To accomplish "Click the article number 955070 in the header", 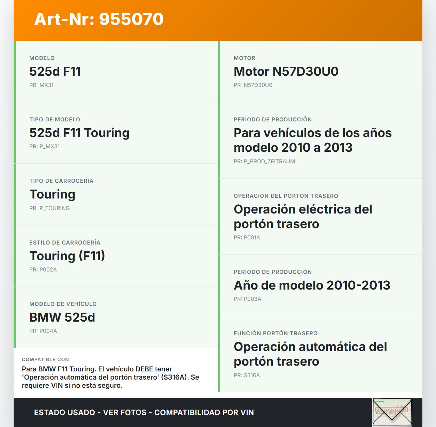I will click(x=131, y=19).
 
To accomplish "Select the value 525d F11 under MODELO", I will click(x=55, y=72).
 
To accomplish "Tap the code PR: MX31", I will click(x=41, y=85).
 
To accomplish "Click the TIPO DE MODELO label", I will click(x=54, y=120).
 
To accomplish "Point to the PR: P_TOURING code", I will click(x=49, y=208).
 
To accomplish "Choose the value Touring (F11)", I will click(x=67, y=256).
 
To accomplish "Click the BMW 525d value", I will click(x=62, y=318).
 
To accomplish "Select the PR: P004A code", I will click(x=43, y=331).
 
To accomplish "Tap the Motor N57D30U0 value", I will click(x=286, y=72).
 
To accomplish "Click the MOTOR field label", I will click(x=244, y=58).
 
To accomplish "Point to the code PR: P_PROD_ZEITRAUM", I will click(x=264, y=162).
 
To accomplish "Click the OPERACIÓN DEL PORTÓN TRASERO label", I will click(x=286, y=196).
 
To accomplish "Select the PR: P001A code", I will click(x=247, y=238).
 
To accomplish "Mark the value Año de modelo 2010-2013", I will click(x=312, y=285).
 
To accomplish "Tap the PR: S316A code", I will click(x=247, y=376).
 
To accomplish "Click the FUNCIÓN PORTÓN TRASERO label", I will click(x=275, y=334).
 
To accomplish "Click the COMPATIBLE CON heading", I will click(x=45, y=359).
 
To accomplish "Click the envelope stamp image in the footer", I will click(x=392, y=412).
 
